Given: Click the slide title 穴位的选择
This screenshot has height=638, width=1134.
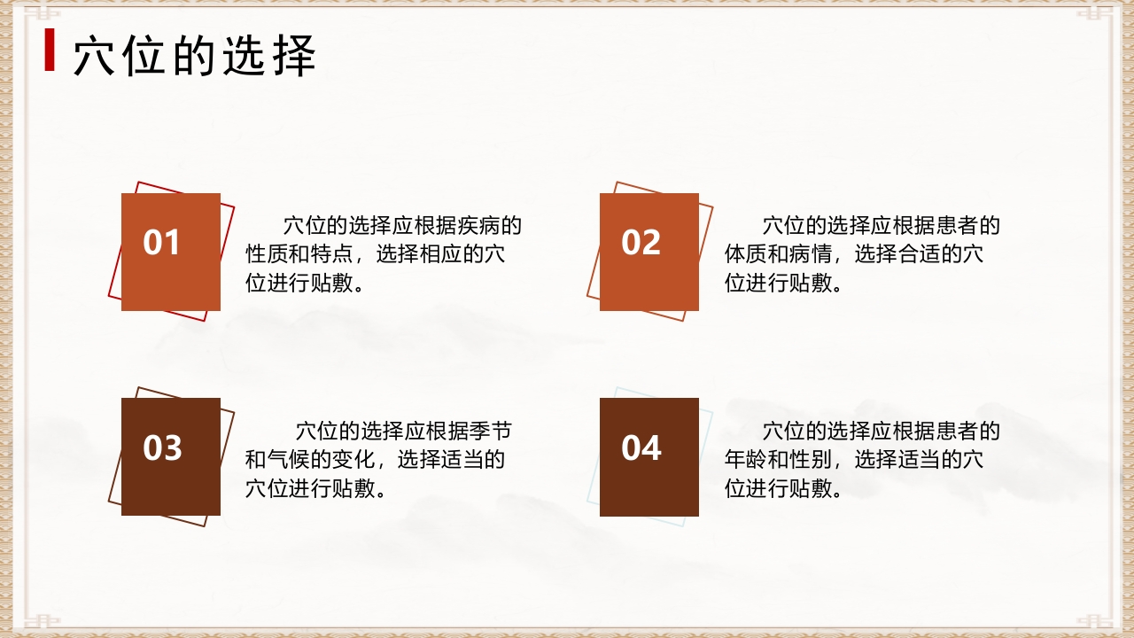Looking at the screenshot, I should (194, 57).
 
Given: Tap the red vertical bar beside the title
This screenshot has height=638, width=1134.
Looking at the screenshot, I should (50, 51).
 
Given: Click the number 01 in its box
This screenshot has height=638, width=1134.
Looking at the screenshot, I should (162, 243).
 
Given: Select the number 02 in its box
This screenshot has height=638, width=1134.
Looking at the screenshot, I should (641, 243).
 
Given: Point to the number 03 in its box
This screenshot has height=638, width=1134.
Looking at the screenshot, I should (162, 448).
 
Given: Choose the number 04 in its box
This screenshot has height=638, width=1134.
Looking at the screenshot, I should (641, 448).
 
